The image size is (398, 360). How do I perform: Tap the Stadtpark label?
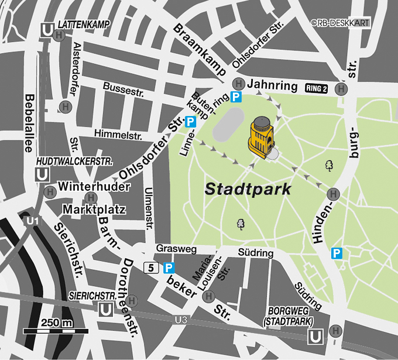pyautogui.click(x=248, y=190)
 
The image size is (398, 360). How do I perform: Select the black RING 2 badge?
pyautogui.click(x=316, y=88)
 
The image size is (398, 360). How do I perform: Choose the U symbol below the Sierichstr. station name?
pyautogui.click(x=107, y=309)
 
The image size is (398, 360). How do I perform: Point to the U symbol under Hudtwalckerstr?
pyautogui.click(x=42, y=174)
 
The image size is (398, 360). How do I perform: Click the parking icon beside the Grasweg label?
pyautogui.click(x=169, y=268)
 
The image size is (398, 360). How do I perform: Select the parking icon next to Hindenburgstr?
pyautogui.click(x=337, y=253)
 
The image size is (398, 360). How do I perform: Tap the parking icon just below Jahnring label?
pyautogui.click(x=235, y=97)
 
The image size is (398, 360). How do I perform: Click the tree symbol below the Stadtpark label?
pyautogui.click(x=240, y=224)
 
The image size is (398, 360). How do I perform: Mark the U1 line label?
pyautogui.click(x=33, y=220)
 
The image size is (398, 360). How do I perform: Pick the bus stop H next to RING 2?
pyautogui.click(x=340, y=88)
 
